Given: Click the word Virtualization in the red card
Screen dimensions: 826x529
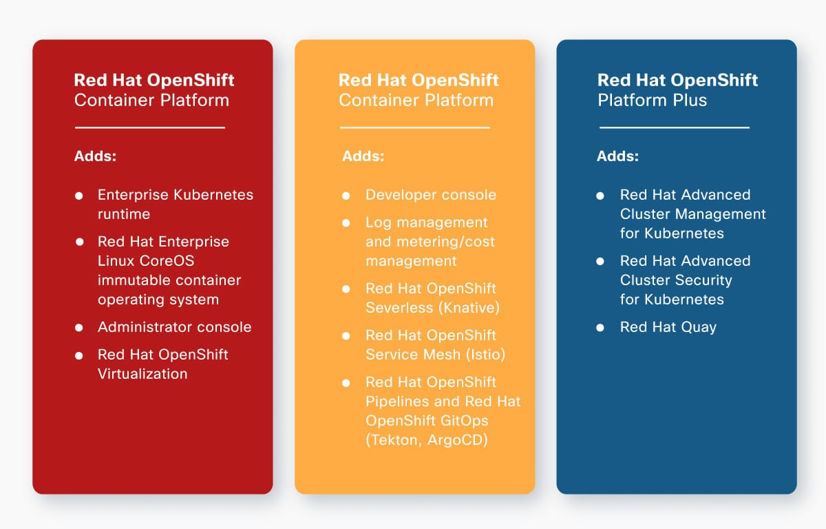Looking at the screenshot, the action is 142,374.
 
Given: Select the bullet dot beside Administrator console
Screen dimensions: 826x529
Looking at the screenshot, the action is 79,328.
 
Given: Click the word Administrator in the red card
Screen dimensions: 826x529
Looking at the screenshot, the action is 143,327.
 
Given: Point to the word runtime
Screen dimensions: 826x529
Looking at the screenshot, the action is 124,214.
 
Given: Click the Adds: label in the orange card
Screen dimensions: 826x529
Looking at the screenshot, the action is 363,156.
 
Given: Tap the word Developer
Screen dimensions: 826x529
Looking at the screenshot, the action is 400,195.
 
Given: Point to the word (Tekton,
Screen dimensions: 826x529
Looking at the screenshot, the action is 393,440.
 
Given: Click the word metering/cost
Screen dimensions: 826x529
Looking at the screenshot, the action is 445,242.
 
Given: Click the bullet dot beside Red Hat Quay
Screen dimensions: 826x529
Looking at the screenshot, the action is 600,328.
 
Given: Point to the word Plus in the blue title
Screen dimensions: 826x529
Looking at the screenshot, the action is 690,100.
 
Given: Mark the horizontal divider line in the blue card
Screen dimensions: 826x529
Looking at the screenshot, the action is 675,127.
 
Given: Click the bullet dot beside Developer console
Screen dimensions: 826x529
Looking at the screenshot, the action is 346,196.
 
